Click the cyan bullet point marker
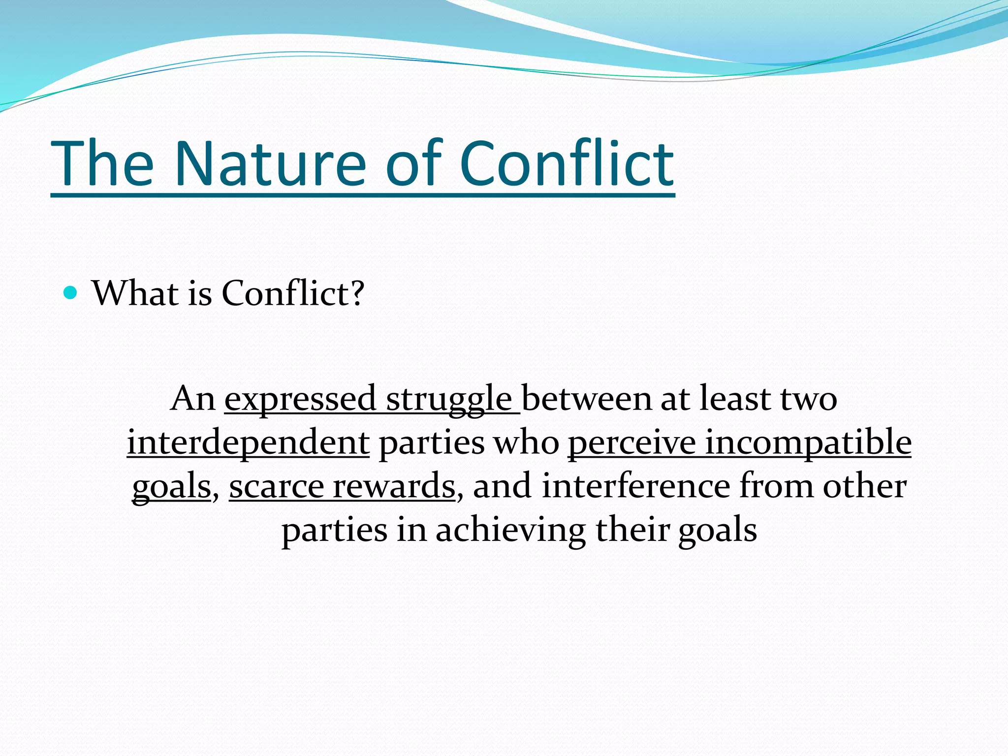click(x=71, y=293)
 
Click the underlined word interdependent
click(x=248, y=442)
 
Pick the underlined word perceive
click(x=631, y=442)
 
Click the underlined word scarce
click(x=276, y=486)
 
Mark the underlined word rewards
click(x=394, y=486)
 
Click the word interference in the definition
click(x=636, y=486)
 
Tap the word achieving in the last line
click(x=510, y=531)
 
